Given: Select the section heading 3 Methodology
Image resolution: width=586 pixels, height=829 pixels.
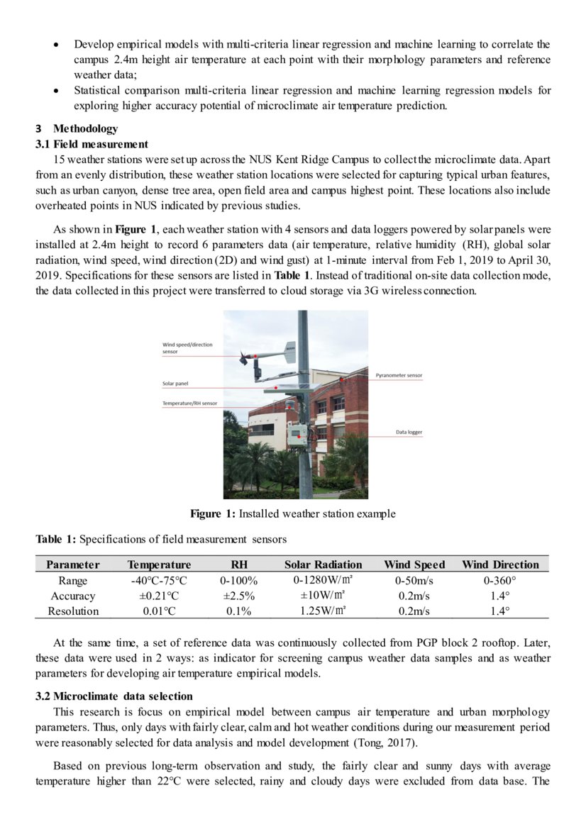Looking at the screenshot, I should point(77,129).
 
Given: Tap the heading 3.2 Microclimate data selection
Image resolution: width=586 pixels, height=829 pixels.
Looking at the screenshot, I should point(114,696).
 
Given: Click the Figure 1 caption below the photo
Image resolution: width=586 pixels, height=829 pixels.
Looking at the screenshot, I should point(292,513).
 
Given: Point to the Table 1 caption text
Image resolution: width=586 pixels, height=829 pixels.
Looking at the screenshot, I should point(161,540).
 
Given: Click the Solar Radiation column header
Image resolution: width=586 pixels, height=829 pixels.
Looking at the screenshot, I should point(323,564).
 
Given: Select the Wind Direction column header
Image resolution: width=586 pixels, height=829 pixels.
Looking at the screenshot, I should point(500,564).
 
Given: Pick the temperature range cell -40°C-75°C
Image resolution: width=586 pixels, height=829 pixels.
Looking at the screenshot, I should point(159,581).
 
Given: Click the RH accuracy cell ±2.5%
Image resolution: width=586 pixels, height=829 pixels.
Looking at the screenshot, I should point(238,596).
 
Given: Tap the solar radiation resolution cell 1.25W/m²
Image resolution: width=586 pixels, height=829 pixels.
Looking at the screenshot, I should point(323,610).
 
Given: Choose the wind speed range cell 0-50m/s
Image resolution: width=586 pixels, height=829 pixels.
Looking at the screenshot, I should point(414,581).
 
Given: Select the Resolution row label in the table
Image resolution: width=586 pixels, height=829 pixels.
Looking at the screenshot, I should point(73,611).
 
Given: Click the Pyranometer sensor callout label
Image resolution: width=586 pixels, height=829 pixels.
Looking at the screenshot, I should point(399,375).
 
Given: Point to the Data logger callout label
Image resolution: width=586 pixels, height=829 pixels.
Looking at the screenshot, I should point(409,432).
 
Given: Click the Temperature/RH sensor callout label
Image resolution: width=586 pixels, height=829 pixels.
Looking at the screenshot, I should point(190,403).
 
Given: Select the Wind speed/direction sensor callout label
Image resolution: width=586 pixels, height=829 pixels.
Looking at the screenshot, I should point(187,348).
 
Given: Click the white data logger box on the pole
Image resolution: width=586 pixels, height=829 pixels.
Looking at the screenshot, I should point(297,435).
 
